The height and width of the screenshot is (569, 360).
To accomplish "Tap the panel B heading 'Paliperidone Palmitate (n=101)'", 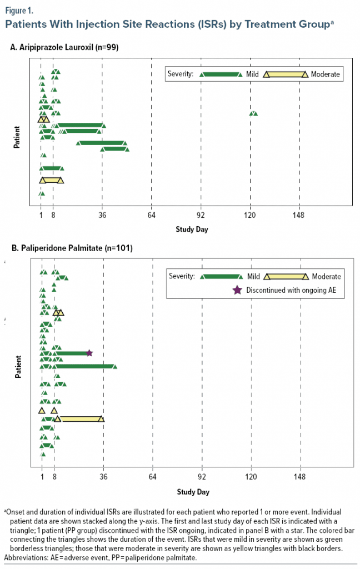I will (x=71, y=248).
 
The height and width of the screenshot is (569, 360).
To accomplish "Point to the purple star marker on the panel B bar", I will (x=89, y=353).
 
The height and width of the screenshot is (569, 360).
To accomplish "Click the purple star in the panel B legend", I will (x=237, y=290).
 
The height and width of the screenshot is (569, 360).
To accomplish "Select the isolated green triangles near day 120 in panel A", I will (x=253, y=113).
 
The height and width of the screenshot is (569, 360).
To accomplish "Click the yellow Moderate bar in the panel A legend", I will (x=286, y=74).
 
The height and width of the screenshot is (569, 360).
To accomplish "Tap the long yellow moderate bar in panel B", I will (x=79, y=419).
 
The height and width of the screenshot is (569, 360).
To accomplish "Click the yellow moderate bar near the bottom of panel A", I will (x=52, y=180).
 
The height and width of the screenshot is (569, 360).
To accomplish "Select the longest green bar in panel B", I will (x=83, y=366).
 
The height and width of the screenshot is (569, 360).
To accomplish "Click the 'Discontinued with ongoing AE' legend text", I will (x=292, y=290).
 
